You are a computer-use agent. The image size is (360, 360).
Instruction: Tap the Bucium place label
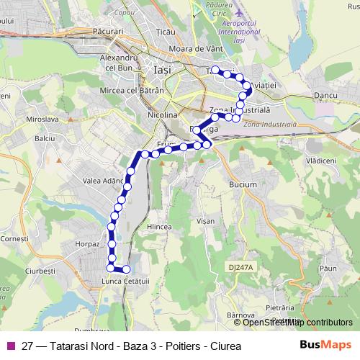pyautogui.click(x=243, y=185)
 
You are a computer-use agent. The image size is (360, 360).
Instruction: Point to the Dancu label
pyautogui.click(x=325, y=94)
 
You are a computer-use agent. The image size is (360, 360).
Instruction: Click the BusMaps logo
pyautogui.click(x=324, y=345)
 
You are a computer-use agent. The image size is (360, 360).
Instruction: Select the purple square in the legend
pyautogui.click(x=10, y=346)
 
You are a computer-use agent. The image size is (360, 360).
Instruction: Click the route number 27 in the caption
pyautogui.click(x=27, y=346)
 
